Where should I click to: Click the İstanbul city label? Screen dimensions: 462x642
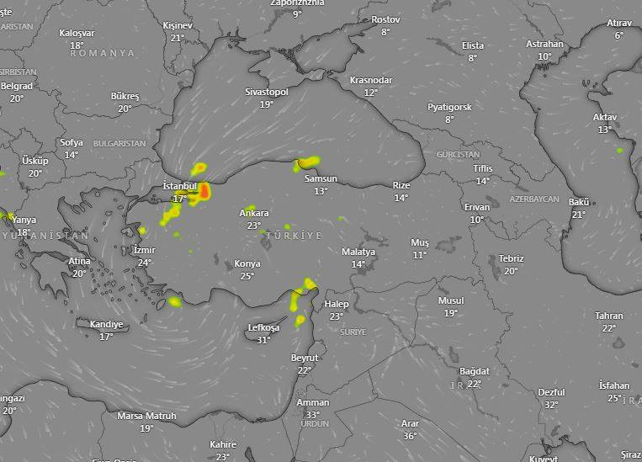tap(179, 186)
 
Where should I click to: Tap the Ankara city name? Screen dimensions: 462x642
tap(254, 214)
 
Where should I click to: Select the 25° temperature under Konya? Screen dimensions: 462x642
tap(247, 276)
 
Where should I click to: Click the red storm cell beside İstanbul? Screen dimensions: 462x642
tap(204, 192)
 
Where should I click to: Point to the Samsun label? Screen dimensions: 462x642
tap(321, 179)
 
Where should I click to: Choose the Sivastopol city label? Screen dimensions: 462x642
tap(267, 92)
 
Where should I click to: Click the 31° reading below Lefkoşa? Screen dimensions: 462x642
tap(264, 340)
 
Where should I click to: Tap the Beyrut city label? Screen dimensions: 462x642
tap(305, 358)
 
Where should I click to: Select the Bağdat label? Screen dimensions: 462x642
tap(475, 371)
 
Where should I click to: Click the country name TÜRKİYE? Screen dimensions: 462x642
tap(294, 236)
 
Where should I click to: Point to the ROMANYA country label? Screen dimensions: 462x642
tap(103, 53)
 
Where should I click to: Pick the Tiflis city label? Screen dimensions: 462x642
tap(482, 169)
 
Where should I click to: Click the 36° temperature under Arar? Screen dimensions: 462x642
tap(410, 436)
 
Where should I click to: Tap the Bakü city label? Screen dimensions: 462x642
tap(579, 202)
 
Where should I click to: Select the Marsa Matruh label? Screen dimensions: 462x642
tap(146, 416)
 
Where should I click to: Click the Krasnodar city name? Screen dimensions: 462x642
tap(371, 80)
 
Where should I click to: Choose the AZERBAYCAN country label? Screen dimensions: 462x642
tap(533, 199)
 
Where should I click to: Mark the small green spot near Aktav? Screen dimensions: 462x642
tap(620, 151)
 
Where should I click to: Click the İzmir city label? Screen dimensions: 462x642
tap(144, 251)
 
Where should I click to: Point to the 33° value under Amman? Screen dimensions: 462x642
tap(313, 415)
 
